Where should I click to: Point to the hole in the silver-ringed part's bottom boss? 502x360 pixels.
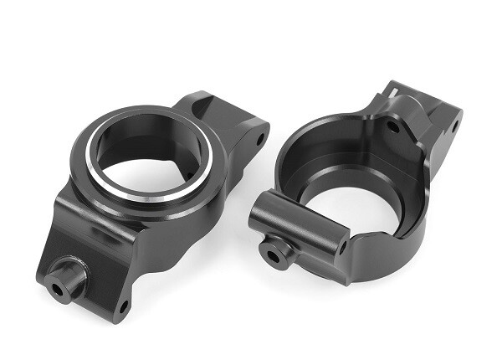click(59, 287)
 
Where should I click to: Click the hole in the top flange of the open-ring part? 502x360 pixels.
click(392, 127)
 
